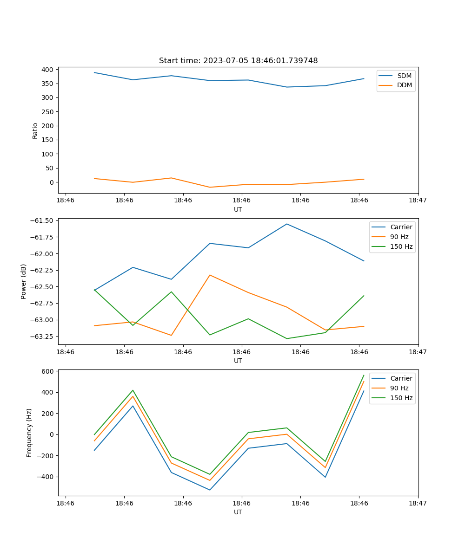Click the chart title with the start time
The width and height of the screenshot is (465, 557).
click(238, 61)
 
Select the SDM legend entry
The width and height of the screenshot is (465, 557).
click(404, 76)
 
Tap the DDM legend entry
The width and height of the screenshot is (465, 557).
click(404, 85)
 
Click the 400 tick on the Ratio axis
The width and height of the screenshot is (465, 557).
click(47, 70)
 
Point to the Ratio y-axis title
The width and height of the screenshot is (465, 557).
click(35, 130)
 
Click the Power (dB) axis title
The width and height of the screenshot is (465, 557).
click(23, 281)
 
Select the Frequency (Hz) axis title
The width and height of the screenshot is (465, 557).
click(29, 433)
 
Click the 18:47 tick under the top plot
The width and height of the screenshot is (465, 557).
click(418, 201)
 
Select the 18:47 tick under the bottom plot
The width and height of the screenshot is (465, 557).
click(418, 503)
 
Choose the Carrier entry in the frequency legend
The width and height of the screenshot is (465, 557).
click(401, 378)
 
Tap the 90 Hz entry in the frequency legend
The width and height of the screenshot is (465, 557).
click(399, 388)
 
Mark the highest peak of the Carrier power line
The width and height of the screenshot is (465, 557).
click(286, 224)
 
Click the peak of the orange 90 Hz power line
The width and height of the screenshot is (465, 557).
click(210, 275)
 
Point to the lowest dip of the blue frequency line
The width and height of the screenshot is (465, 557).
click(210, 490)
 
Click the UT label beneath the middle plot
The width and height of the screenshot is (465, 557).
click(238, 361)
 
